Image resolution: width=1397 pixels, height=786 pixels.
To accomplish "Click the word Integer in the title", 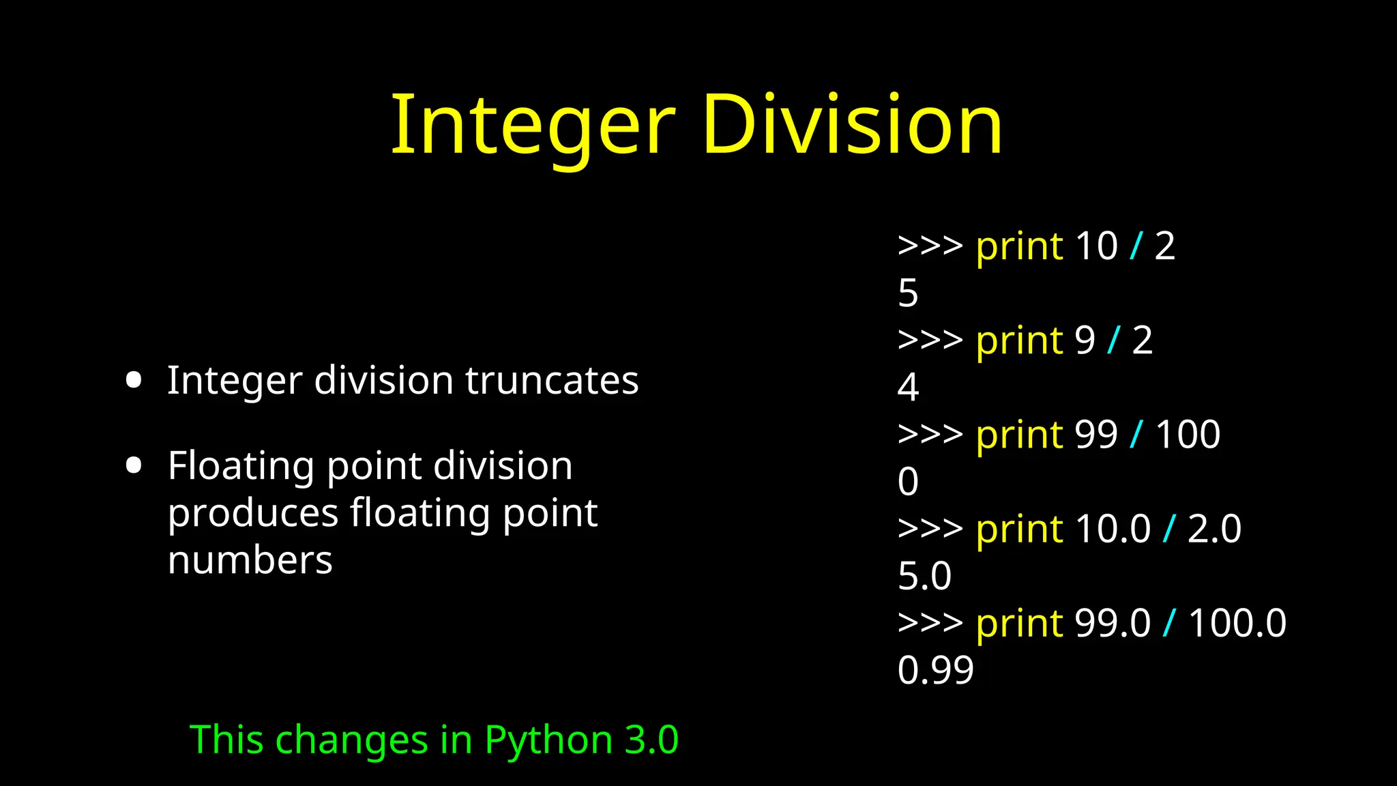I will click(x=532, y=126).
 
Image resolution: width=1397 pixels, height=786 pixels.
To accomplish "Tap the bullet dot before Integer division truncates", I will click(x=134, y=380).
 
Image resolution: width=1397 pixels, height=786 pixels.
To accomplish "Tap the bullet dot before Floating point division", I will click(x=134, y=466).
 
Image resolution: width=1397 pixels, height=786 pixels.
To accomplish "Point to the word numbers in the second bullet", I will click(x=250, y=561).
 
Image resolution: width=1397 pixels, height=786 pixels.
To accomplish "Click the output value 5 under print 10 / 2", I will click(x=908, y=293).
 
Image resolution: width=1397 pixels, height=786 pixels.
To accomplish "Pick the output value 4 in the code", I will click(x=908, y=388).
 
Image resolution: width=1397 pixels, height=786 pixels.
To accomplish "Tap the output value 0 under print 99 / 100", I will click(x=908, y=482).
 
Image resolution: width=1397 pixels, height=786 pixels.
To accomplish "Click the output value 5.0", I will click(x=924, y=577).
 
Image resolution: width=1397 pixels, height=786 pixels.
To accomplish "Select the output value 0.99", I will click(x=935, y=670).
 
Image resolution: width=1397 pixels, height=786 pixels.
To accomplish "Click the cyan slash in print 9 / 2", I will click(x=1114, y=340).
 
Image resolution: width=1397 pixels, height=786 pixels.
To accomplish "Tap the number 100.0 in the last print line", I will click(x=1237, y=623).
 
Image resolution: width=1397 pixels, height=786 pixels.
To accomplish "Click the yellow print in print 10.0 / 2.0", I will click(x=1019, y=529).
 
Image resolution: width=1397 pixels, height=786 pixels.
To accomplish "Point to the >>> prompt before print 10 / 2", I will click(x=930, y=246).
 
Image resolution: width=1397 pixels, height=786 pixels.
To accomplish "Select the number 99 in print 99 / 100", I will click(x=1096, y=435).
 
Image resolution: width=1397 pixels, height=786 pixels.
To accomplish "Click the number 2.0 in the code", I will click(x=1214, y=529).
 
